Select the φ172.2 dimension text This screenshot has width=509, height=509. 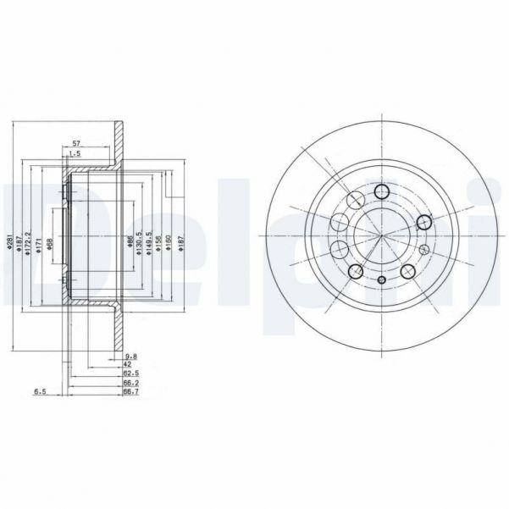tap(28, 241)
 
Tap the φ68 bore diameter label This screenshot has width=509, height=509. tap(52, 243)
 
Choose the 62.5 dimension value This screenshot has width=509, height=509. tap(130, 374)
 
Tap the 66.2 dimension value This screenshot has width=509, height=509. tap(130, 384)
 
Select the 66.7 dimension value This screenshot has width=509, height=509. tap(130, 392)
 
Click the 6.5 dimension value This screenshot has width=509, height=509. tap(39, 392)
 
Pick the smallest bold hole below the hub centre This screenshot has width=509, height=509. tap(381, 280)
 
